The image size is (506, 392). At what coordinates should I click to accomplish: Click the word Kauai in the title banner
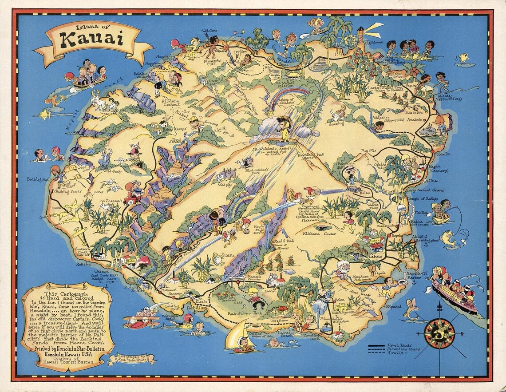93,40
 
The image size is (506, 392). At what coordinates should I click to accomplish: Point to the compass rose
439,333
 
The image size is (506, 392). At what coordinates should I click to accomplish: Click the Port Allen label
196,308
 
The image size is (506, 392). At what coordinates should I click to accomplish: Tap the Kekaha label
83,264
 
